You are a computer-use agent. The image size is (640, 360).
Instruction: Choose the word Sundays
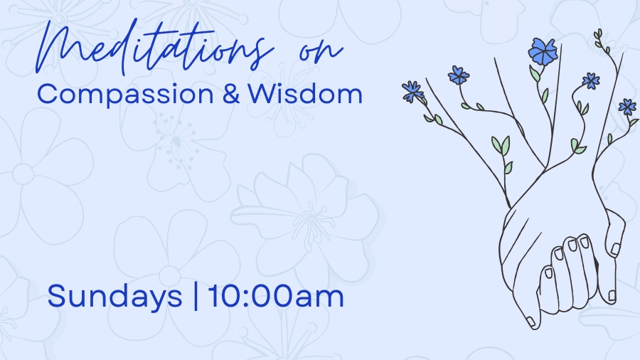114,296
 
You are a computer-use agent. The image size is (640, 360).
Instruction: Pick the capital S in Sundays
56,296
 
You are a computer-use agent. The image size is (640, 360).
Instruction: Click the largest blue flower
544,51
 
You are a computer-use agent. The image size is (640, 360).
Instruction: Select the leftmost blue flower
412,90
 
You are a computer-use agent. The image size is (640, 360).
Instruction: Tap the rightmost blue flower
626,107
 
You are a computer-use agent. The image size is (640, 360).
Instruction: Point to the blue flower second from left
458,75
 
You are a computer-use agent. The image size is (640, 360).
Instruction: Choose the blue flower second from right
590,80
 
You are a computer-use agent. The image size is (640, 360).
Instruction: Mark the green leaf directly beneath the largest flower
534,73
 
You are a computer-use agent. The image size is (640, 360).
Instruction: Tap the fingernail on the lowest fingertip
530,322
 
